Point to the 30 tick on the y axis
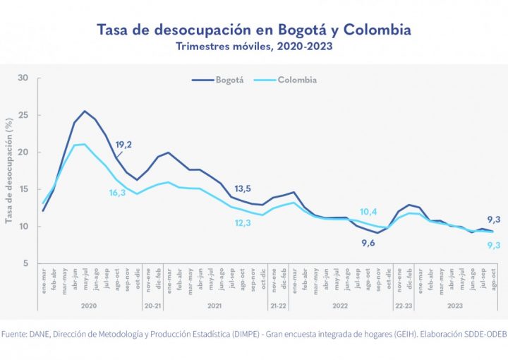point(22,78)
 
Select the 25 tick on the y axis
point(22,115)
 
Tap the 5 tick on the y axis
point(25,263)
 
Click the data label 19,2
point(124,145)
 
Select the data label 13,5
point(243,188)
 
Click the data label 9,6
point(369,243)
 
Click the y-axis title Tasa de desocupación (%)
point(9,171)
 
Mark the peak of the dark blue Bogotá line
point(85,111)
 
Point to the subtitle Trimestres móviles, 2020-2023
point(253,47)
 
